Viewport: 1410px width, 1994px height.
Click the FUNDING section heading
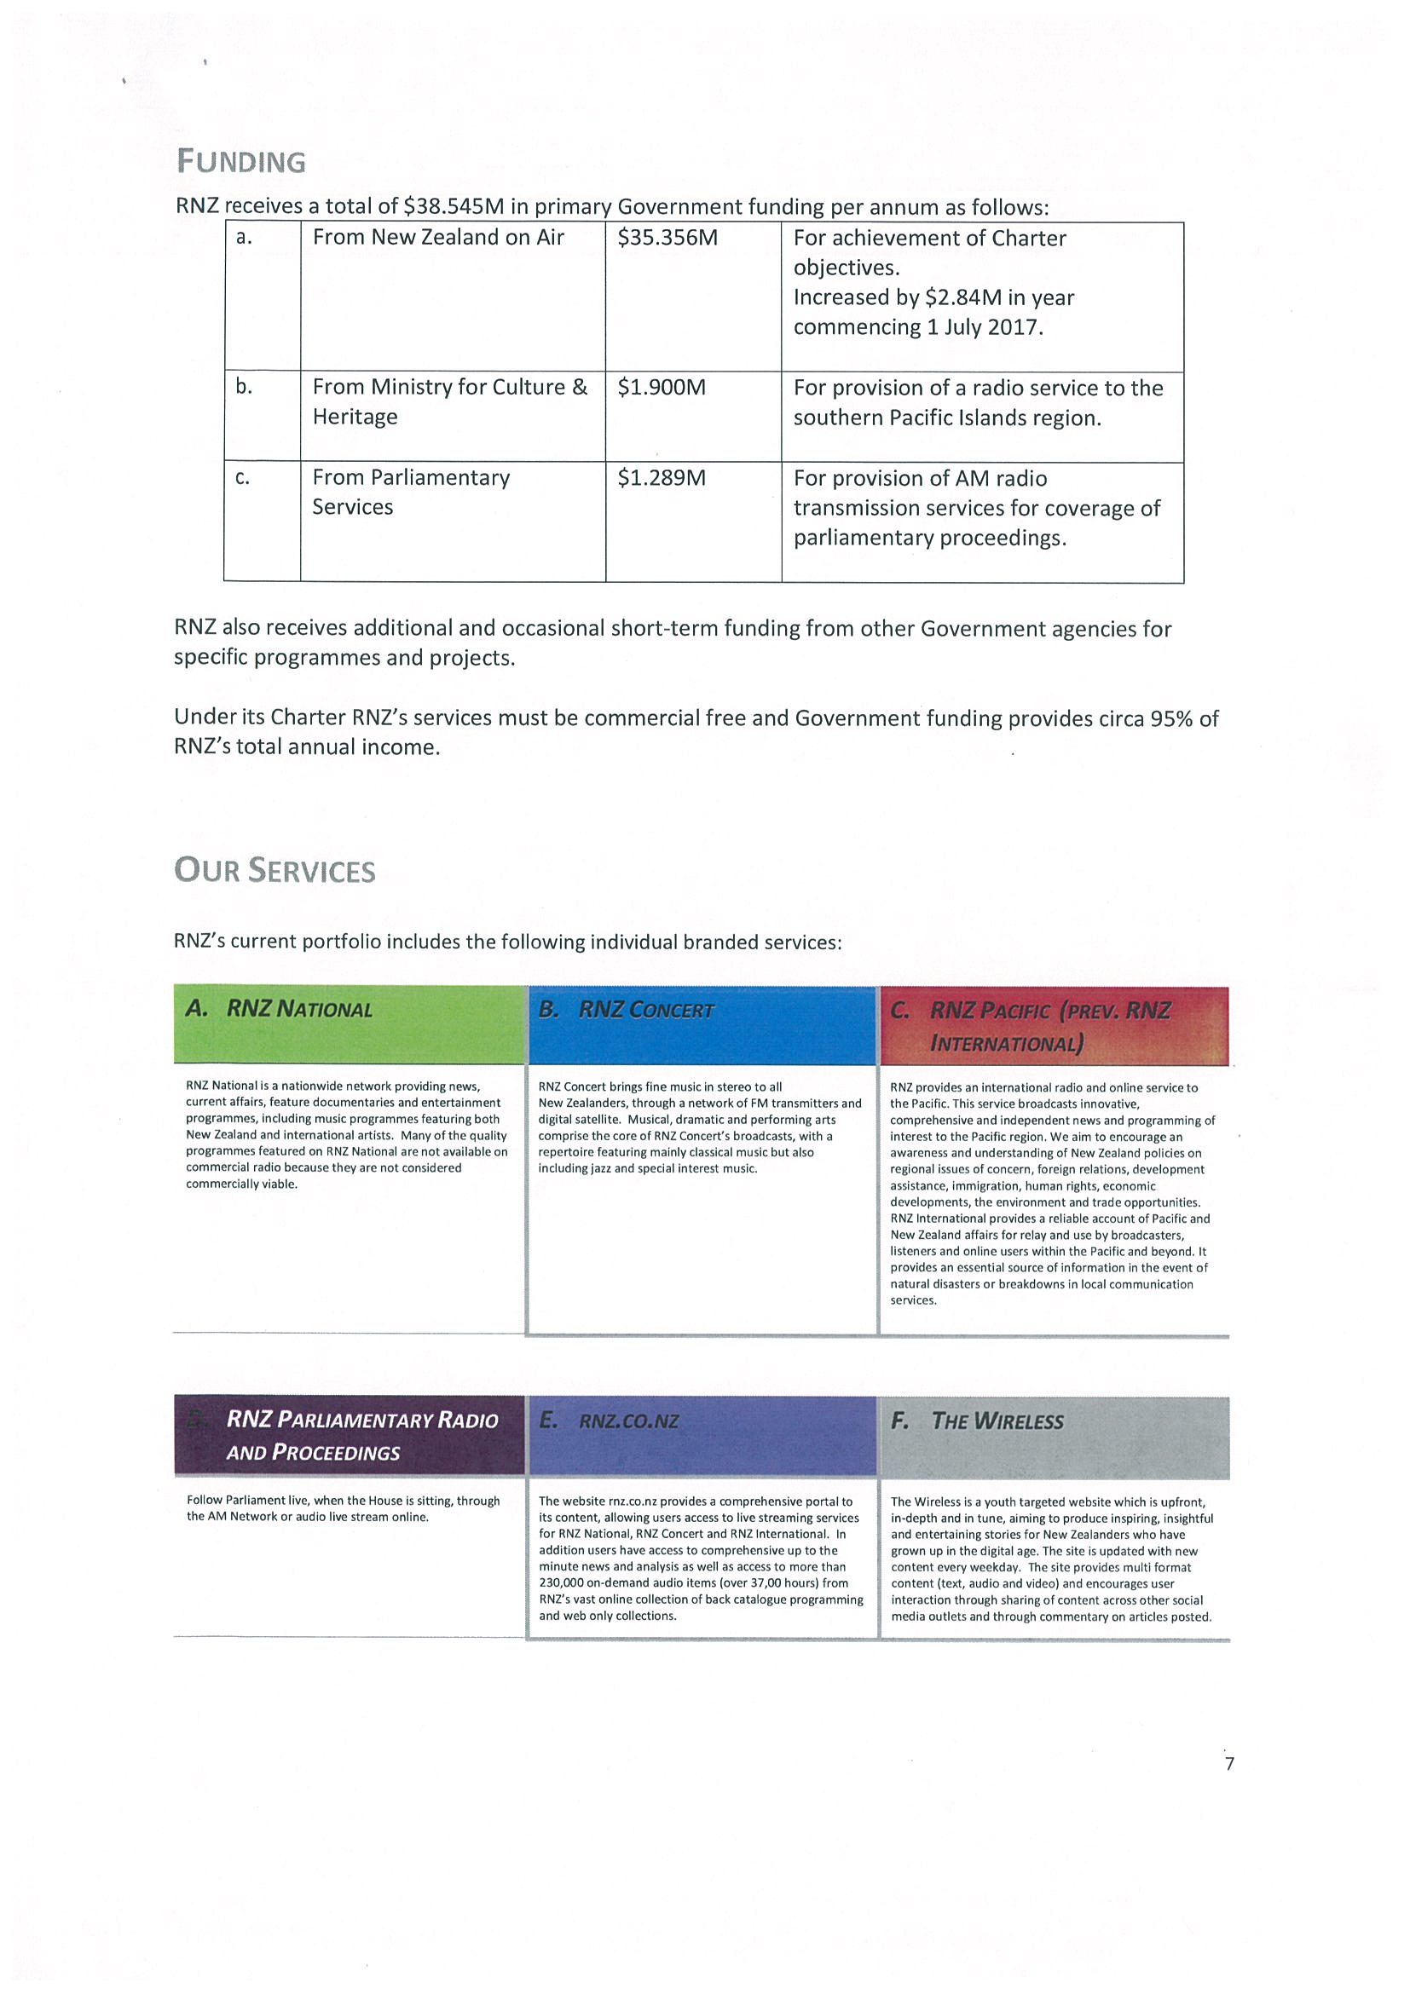(x=240, y=162)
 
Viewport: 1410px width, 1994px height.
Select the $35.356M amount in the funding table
(x=667, y=238)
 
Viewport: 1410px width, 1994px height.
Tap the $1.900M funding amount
(x=662, y=388)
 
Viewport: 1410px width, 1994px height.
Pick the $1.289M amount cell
(x=662, y=478)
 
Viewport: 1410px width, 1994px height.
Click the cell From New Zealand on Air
(x=438, y=238)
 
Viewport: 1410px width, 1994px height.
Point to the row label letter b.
(x=244, y=387)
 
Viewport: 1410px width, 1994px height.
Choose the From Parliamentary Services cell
(x=411, y=492)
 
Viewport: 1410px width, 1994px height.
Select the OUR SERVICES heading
(x=274, y=871)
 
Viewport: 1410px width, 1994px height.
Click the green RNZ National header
(x=350, y=1024)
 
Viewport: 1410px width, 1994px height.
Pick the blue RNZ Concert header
(x=702, y=1025)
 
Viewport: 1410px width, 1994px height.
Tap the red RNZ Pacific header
(x=1054, y=1026)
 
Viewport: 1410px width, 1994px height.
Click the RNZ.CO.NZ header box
(x=702, y=1436)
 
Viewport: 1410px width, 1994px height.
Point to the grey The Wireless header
(x=1054, y=1437)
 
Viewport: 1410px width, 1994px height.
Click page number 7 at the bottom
(x=1228, y=1764)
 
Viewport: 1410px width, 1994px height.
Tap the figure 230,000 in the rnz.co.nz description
(x=561, y=1583)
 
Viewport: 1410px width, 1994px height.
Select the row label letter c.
(x=243, y=478)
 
